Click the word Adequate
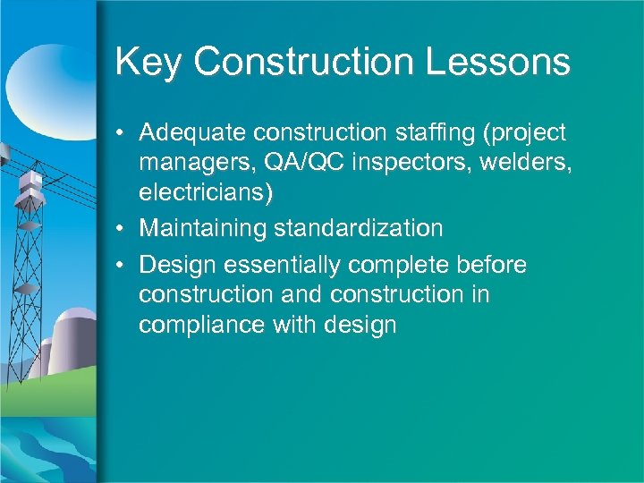[193, 133]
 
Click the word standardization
[359, 228]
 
